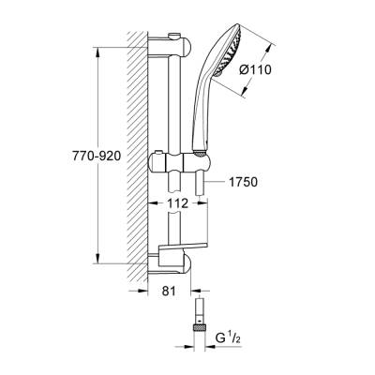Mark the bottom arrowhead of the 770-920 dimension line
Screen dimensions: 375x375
coord(97,263)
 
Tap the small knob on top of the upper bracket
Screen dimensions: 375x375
coord(175,36)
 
